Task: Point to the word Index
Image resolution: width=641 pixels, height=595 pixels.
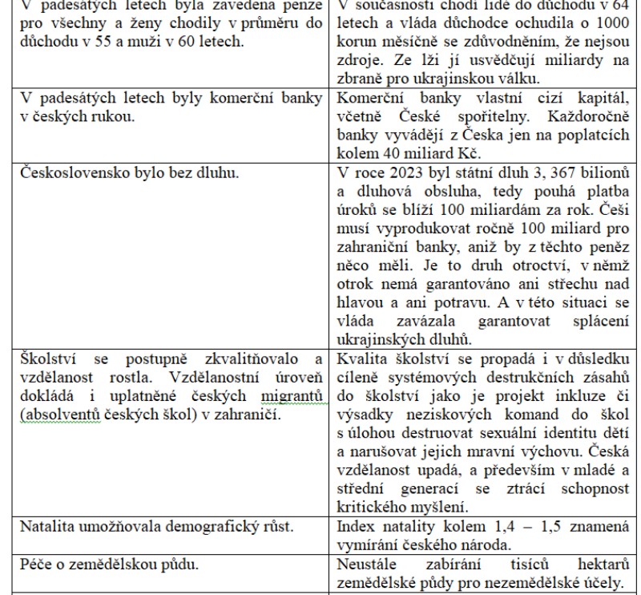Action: click(354, 527)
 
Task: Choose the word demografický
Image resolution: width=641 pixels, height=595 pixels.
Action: click(203, 527)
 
